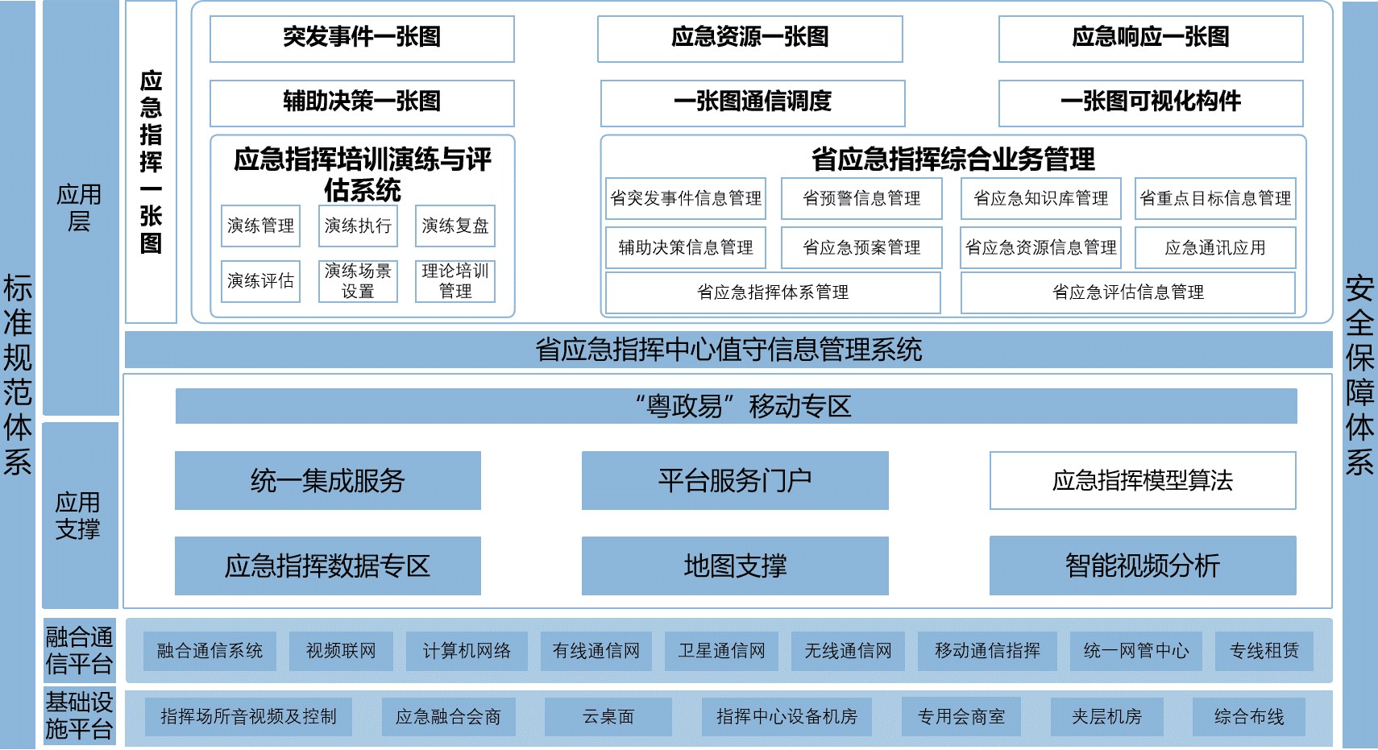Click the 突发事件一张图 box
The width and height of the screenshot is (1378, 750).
362,38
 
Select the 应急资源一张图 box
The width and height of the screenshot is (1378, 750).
749,38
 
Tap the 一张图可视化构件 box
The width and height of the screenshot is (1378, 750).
1150,102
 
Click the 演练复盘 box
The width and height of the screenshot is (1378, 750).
454,226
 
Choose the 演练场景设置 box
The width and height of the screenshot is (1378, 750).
358,280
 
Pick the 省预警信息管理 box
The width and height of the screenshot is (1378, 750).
861,198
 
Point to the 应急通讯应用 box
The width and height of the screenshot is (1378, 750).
1214,247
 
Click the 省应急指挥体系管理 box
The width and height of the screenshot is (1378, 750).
773,292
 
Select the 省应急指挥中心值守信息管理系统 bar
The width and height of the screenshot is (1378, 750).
728,350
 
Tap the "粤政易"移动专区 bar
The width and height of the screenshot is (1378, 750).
736,406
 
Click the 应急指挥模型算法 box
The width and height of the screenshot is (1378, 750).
1142,480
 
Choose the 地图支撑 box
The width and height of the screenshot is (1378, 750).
735,566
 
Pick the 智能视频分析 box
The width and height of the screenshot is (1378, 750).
1142,566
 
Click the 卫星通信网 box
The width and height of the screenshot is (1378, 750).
721,651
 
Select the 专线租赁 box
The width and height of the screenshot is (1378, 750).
1264,651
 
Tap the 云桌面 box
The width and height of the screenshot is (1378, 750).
608,716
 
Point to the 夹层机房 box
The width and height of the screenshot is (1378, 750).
1106,716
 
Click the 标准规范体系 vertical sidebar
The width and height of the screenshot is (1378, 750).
18,375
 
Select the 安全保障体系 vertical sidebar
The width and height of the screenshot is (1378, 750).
1359,375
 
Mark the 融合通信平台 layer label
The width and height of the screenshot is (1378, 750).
79,650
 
